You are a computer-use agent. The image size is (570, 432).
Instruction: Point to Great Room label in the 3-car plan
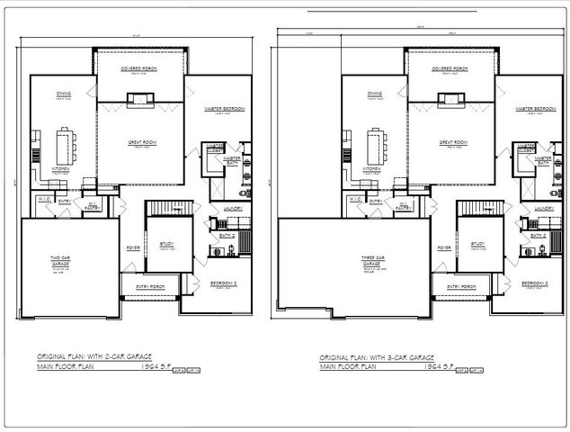pyautogui.click(x=451, y=142)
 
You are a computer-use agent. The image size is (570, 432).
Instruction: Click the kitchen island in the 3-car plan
pyautogui.click(x=371, y=145)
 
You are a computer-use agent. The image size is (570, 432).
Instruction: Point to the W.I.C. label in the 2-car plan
pyautogui.click(x=43, y=198)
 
